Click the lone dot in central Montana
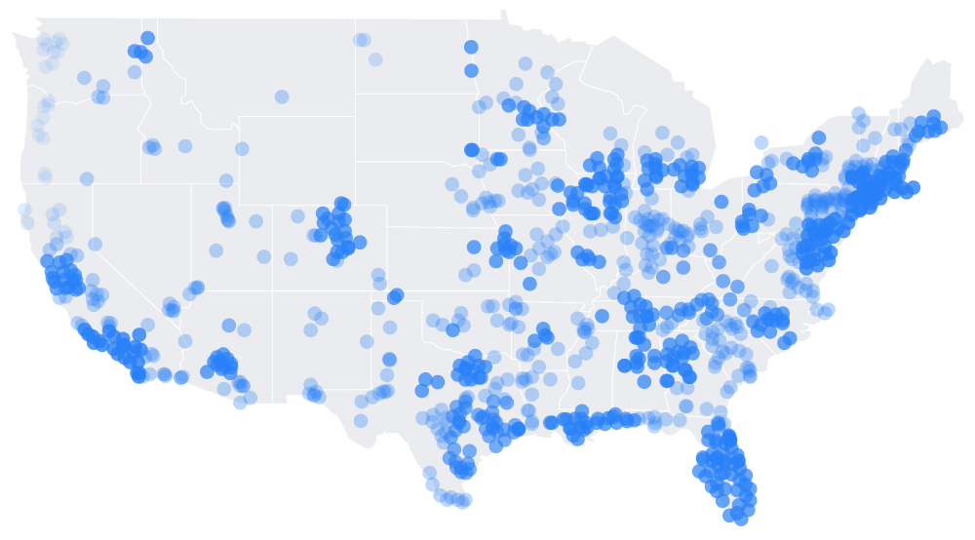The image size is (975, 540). click(282, 96)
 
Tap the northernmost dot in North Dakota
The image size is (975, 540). click(471, 47)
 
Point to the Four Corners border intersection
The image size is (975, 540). click(273, 290)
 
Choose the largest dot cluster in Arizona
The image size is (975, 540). click(223, 363)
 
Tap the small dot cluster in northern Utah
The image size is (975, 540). click(225, 213)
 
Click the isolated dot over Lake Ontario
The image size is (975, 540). click(761, 142)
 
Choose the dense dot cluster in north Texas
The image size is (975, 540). click(472, 369)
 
